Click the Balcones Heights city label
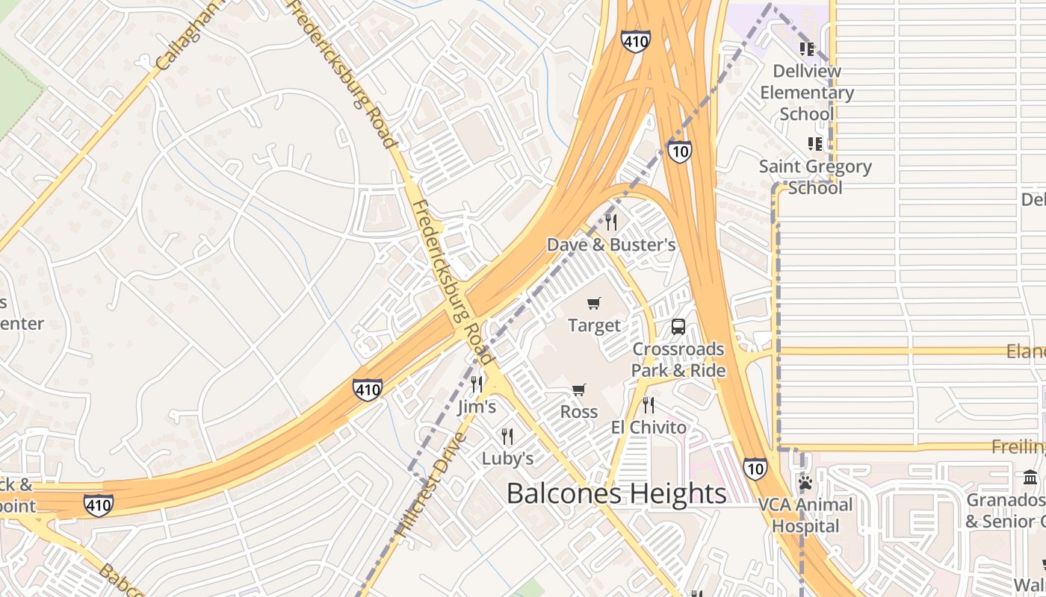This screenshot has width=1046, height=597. pos(616,493)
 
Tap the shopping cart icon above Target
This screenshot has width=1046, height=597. pos(594,303)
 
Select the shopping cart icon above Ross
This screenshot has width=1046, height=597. pos(578,390)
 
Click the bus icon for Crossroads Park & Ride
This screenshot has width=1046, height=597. pos(678,327)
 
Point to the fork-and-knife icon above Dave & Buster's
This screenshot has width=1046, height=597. pos(611,222)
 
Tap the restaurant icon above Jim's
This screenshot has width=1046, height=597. pos(477,384)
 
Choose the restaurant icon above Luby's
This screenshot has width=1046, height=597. pos(507,436)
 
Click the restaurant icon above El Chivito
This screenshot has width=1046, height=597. pos(649,405)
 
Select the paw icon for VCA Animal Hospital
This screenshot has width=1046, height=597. pos(805,483)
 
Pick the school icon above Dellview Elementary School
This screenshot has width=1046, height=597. pos(806,49)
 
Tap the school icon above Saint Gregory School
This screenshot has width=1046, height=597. pos(815,143)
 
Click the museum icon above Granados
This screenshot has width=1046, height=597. pos(1030,477)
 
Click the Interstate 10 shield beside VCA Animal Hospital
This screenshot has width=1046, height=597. pos(755,468)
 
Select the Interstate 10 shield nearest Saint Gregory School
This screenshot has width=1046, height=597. pos(679,151)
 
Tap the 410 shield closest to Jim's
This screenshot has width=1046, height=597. pos(368,389)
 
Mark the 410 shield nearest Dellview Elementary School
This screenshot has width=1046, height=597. pos(635,41)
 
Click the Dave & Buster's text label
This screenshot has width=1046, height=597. pos(611,245)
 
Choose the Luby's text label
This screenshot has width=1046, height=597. pos(507,458)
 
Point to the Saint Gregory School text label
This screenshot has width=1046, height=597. pos(815,177)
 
